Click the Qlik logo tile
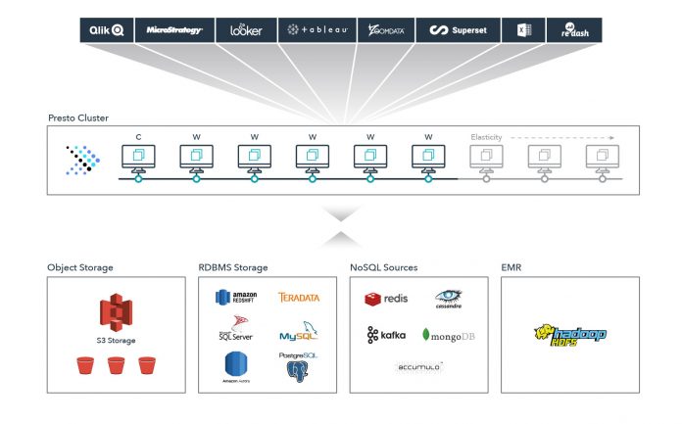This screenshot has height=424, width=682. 107,30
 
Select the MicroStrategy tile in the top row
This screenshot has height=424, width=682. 173,30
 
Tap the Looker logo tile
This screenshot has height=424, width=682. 246,30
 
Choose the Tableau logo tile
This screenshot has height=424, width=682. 317,30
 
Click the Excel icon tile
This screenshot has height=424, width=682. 523,30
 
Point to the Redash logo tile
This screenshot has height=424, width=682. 574,30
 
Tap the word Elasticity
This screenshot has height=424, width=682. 487,137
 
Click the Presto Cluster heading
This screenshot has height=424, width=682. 78,118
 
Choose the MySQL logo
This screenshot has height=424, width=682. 299,333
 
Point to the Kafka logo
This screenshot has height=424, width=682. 386,335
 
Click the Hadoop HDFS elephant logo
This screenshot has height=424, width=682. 570,335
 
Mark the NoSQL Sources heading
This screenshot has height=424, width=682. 383,267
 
